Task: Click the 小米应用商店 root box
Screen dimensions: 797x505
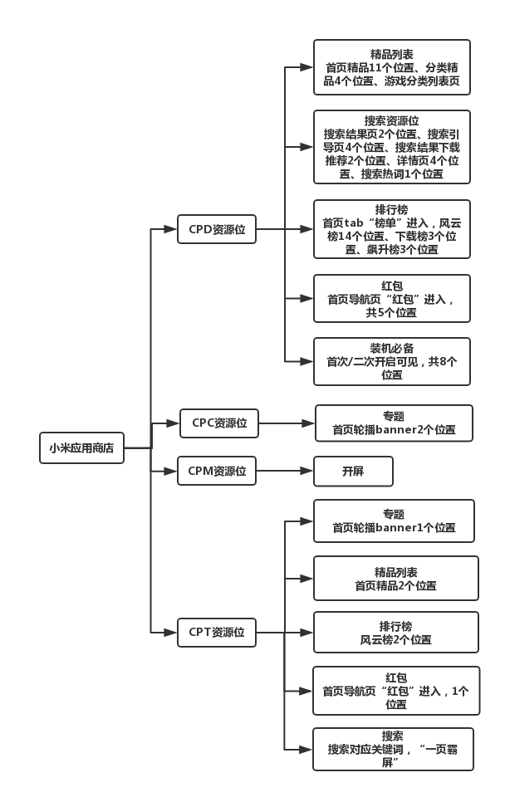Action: tap(81, 447)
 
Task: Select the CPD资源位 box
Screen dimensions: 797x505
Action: tap(217, 229)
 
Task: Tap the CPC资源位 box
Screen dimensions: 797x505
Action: tap(219, 423)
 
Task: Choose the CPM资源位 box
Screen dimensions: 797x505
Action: tap(218, 472)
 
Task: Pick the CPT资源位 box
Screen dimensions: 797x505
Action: tap(217, 632)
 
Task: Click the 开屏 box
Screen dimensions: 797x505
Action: tap(352, 472)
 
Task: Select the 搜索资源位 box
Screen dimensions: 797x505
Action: tap(391, 147)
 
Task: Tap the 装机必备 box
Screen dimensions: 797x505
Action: tap(391, 361)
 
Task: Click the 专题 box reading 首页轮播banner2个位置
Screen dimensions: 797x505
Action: tap(393, 423)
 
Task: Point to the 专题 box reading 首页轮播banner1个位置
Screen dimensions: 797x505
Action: tap(393, 521)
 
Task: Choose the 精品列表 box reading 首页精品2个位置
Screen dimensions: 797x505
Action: tap(395, 578)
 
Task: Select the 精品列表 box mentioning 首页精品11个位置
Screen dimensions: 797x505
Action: tap(391, 67)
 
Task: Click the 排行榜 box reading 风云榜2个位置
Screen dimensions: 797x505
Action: tap(395, 633)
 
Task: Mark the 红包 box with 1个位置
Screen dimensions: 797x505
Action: tap(395, 690)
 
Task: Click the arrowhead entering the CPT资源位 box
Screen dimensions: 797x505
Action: tap(172, 632)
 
